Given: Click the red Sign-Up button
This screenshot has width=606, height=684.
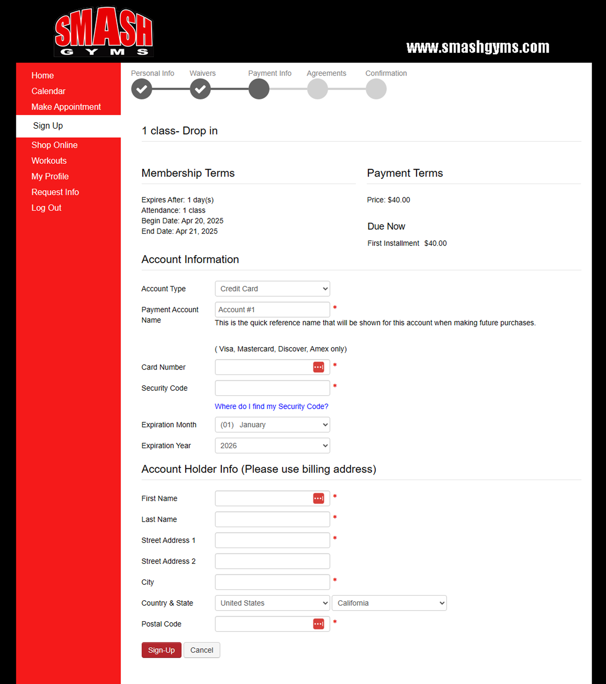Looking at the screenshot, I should tap(161, 650).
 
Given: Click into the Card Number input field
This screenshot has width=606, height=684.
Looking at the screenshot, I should tap(263, 367).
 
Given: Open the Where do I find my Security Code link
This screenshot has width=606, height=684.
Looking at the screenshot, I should tap(271, 406).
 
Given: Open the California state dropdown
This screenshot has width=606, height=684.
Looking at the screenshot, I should tap(389, 603).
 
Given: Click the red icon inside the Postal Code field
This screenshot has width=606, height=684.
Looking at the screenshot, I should tap(318, 624).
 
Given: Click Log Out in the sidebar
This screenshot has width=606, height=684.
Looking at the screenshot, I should tap(46, 208).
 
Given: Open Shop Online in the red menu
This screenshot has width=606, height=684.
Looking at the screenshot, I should tap(54, 145).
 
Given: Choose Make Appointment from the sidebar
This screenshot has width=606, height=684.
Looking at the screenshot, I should tap(66, 107).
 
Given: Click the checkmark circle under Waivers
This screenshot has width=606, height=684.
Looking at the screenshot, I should tap(200, 89).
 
